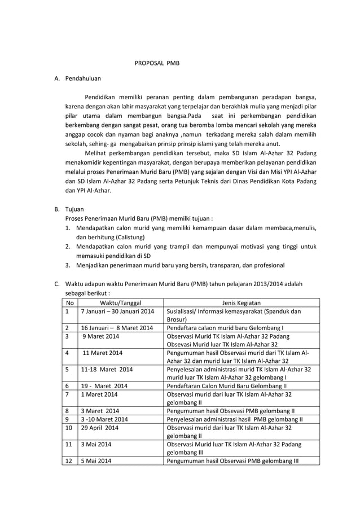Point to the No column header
pyautogui.click(x=69, y=302)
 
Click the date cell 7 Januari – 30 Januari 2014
pyautogui.click(x=117, y=311)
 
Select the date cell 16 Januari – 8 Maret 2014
pyautogui.click(x=117, y=327)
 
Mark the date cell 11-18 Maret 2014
pyautogui.click(x=107, y=370)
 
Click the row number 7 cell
pyautogui.click(x=67, y=394)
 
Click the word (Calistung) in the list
pyautogui.click(x=127, y=237)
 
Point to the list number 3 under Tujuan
pyautogui.click(x=67, y=265)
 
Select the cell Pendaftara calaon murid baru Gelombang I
pyautogui.click(x=225, y=327)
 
